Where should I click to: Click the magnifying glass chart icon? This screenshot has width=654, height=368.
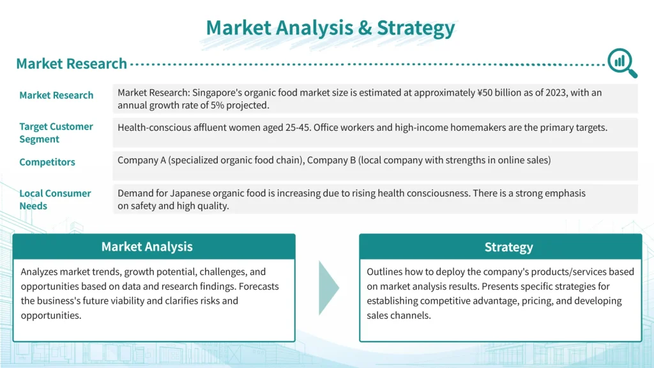(x=622, y=63)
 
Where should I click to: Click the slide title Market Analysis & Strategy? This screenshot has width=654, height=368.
(x=330, y=28)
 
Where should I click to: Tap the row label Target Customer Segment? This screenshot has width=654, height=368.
(x=56, y=133)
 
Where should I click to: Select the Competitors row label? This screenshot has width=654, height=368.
(x=47, y=162)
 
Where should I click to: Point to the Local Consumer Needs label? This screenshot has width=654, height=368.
(x=55, y=200)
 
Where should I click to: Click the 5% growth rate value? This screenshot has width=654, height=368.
(x=217, y=105)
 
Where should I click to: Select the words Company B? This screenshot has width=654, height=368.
(x=331, y=160)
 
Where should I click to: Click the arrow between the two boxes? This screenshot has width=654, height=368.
(x=329, y=288)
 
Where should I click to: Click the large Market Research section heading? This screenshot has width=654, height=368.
(x=72, y=64)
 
